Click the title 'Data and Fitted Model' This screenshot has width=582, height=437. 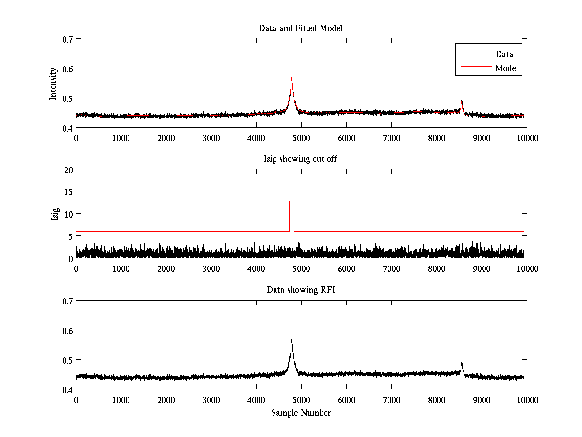point(301,28)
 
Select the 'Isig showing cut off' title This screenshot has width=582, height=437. point(301,159)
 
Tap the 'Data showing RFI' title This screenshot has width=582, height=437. point(301,290)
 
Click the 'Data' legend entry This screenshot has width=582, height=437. point(504,54)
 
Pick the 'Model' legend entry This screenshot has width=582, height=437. point(506,68)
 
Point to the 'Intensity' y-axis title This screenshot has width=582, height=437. point(54,83)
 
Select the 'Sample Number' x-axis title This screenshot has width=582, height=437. point(301,413)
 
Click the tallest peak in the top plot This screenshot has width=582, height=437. point(292,77)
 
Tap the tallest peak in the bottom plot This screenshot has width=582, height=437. point(292,339)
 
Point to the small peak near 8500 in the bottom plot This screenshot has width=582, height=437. point(462,362)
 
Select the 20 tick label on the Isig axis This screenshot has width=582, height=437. point(68,170)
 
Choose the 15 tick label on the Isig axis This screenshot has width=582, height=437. point(68,192)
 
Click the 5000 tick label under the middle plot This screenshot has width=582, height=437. point(301,269)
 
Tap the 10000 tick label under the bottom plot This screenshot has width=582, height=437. point(527,400)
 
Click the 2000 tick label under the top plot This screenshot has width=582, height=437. point(166,138)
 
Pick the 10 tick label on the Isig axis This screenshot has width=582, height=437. point(68,215)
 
